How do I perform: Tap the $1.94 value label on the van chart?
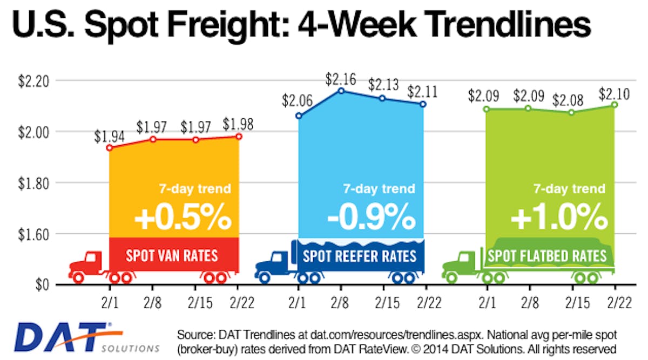pyautogui.click(x=109, y=137)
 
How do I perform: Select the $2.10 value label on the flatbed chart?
pyautogui.click(x=615, y=93)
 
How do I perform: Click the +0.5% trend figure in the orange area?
pyautogui.click(x=183, y=217)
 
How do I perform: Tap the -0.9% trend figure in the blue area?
pyautogui.click(x=372, y=217)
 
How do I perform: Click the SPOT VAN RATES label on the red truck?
pyautogui.click(x=172, y=255)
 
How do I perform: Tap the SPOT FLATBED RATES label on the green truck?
pyautogui.click(x=547, y=255)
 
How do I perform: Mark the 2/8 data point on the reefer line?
pyautogui.click(x=341, y=91)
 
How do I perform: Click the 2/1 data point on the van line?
pyautogui.click(x=109, y=147)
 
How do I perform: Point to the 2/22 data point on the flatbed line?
pyautogui.click(x=615, y=104)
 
